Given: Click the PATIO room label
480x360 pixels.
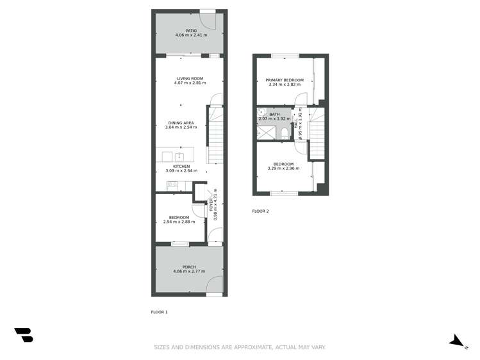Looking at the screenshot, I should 191,30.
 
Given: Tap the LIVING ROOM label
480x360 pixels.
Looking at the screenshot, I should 190,79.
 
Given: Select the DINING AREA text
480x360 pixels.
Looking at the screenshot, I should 181,122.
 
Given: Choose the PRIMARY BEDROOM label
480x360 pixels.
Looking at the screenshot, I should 284,79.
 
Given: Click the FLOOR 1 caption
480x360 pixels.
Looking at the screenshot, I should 159,312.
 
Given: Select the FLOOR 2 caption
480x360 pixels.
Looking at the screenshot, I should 260,211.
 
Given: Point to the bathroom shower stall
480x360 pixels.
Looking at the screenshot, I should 265,133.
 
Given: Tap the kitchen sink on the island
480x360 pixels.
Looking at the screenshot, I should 180,156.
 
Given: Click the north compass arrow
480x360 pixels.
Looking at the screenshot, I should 457,341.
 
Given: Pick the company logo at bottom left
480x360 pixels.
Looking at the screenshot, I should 24,334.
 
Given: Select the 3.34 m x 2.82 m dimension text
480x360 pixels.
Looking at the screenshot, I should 284,85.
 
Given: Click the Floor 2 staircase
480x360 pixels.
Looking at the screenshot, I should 319,136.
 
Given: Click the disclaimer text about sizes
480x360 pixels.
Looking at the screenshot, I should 240,347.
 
